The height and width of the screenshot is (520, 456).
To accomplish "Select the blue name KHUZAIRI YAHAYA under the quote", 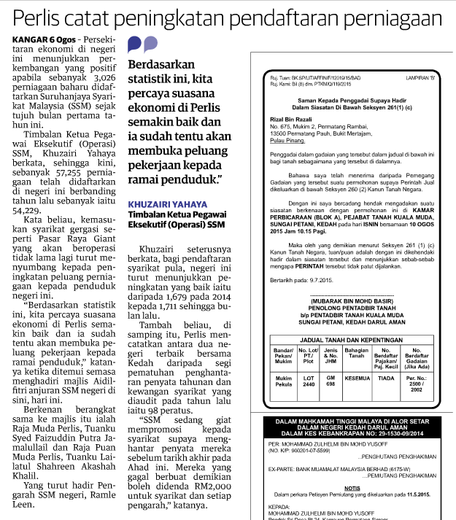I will [166, 204].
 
